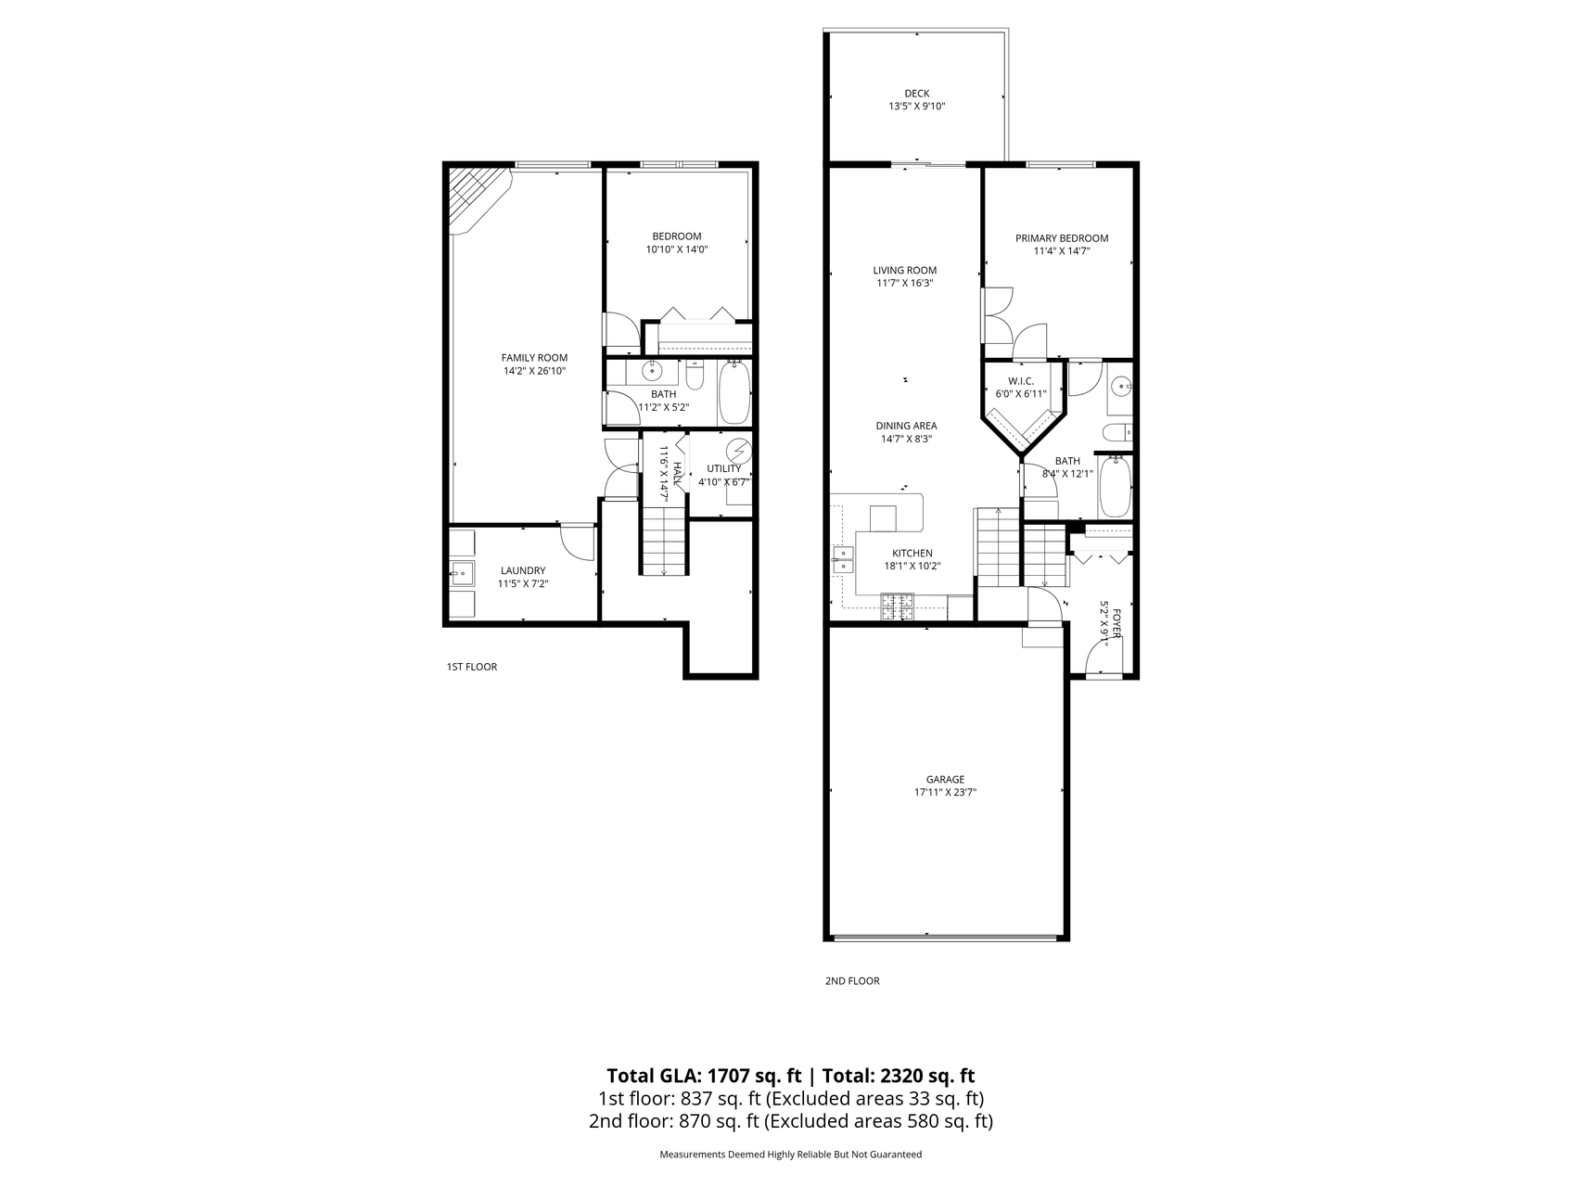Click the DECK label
point(916,93)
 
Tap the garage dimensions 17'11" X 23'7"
point(945,793)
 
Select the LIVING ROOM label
point(904,271)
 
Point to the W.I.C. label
point(1020,381)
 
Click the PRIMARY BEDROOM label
point(1061,238)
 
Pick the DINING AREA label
point(906,427)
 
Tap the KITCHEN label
point(912,554)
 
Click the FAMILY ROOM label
point(534,358)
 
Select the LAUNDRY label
point(523,570)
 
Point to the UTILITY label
point(723,469)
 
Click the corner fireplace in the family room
point(478,198)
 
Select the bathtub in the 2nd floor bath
point(1114,486)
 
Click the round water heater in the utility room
point(738,451)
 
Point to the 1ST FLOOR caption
point(472,667)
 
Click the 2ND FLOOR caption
point(852,981)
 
